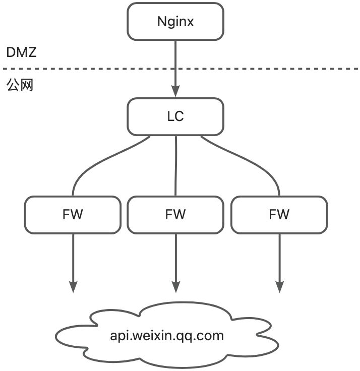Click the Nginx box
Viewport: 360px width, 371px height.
pos(175,21)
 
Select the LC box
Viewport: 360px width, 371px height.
pos(175,116)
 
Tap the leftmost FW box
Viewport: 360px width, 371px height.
pos(73,215)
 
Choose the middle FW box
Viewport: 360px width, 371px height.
pos(175,215)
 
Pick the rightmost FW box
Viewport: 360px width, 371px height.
pos(279,215)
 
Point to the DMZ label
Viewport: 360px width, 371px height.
pos(21,52)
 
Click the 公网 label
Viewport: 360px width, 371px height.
pos(20,85)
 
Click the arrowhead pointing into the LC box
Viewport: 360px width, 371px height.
pos(175,91)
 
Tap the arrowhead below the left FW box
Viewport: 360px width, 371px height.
pos(73,287)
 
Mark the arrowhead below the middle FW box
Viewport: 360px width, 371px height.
pos(175,287)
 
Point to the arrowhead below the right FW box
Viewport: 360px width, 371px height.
pos(279,287)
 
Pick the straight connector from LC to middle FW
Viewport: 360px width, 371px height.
pos(175,166)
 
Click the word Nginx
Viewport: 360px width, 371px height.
pos(175,22)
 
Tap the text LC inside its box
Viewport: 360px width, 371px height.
pos(175,116)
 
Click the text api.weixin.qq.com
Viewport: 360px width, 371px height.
pos(166,336)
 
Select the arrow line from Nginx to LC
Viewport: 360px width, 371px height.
pos(175,60)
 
